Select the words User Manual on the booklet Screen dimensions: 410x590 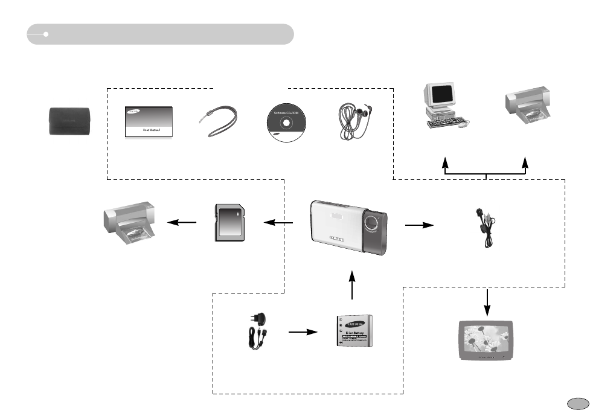tap(150, 129)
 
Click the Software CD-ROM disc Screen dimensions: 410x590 tap(286, 121)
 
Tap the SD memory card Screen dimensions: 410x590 tap(229, 223)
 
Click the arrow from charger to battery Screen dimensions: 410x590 tap(303, 332)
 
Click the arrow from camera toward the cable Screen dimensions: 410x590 tap(419, 225)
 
